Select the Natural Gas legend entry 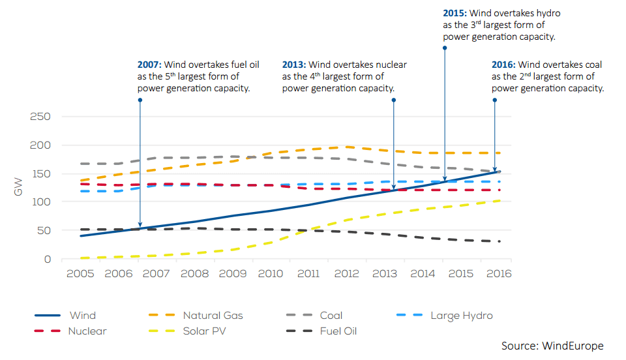click(x=213, y=316)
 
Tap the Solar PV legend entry click(x=206, y=331)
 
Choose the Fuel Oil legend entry click(x=338, y=331)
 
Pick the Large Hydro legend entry click(x=461, y=316)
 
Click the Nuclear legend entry click(x=87, y=331)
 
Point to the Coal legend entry click(x=331, y=316)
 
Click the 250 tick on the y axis click(x=40, y=117)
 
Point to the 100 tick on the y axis click(x=40, y=202)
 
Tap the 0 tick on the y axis click(x=47, y=260)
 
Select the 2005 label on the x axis click(x=80, y=273)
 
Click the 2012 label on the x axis click(x=346, y=273)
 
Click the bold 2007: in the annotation click(x=149, y=65)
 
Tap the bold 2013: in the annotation click(x=294, y=65)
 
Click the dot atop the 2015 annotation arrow click(x=445, y=47)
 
